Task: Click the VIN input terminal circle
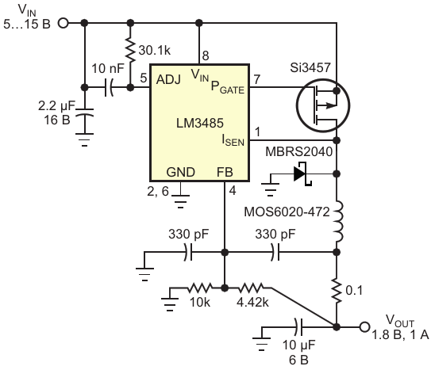click(x=63, y=23)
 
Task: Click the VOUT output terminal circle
click(x=364, y=327)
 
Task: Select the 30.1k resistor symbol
click(x=130, y=51)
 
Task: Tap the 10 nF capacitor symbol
click(x=109, y=87)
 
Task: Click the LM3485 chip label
click(x=200, y=123)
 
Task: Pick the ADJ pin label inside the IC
click(x=168, y=79)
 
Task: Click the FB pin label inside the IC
click(x=225, y=172)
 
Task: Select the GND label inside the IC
click(x=181, y=172)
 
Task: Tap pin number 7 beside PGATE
click(x=256, y=79)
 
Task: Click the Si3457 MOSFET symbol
click(x=323, y=105)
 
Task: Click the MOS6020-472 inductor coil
click(x=338, y=222)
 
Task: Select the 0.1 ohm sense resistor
click(x=337, y=291)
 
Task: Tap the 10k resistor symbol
click(x=200, y=288)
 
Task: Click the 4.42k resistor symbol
click(x=252, y=288)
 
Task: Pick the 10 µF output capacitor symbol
click(x=298, y=327)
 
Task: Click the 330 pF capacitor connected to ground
click(x=188, y=252)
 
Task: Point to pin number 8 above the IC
click(x=206, y=55)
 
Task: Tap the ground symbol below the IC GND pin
click(x=180, y=201)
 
